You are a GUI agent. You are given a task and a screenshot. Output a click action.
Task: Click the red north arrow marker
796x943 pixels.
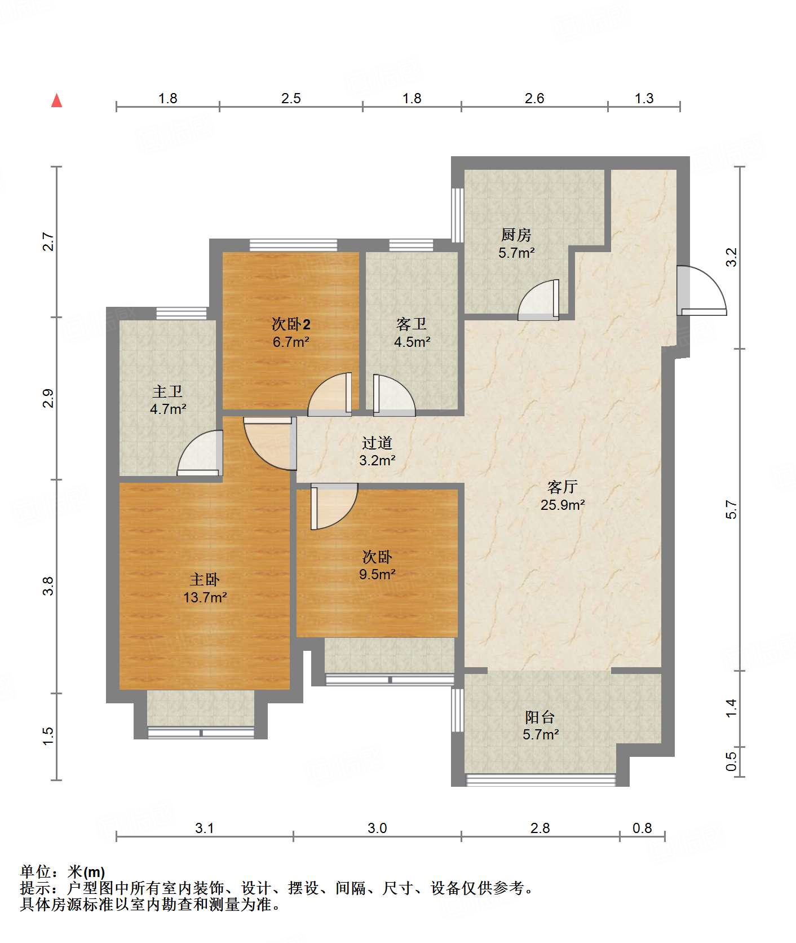(56, 100)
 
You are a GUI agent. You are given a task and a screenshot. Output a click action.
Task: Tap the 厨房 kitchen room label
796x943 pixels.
(516, 235)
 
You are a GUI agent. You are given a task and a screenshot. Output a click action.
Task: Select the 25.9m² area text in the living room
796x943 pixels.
(562, 505)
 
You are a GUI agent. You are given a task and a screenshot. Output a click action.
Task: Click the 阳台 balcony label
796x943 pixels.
(539, 717)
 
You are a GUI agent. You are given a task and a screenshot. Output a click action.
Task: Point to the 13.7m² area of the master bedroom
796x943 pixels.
(205, 597)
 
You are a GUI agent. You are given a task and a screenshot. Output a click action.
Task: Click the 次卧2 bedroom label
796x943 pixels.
(291, 324)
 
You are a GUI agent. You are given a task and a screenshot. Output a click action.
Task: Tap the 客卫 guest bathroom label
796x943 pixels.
(411, 324)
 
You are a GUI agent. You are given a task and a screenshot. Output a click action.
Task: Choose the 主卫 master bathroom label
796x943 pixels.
(167, 391)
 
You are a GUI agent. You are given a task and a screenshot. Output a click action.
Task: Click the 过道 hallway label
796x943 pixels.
(377, 443)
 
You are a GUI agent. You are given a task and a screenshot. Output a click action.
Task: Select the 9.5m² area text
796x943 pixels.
(377, 575)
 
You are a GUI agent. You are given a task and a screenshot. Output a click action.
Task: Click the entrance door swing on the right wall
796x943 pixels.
(701, 290)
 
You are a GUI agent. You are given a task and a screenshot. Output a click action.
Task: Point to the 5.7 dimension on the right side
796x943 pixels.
(731, 509)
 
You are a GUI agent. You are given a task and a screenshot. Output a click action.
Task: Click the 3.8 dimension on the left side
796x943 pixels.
(49, 586)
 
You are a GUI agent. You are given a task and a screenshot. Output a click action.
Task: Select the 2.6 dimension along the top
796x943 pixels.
(534, 99)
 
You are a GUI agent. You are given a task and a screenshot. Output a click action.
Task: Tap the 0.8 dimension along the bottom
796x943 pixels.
(642, 828)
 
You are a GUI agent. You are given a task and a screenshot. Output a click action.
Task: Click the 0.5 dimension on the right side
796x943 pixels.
(731, 761)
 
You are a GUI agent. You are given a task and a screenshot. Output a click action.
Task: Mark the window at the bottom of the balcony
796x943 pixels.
(541, 780)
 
